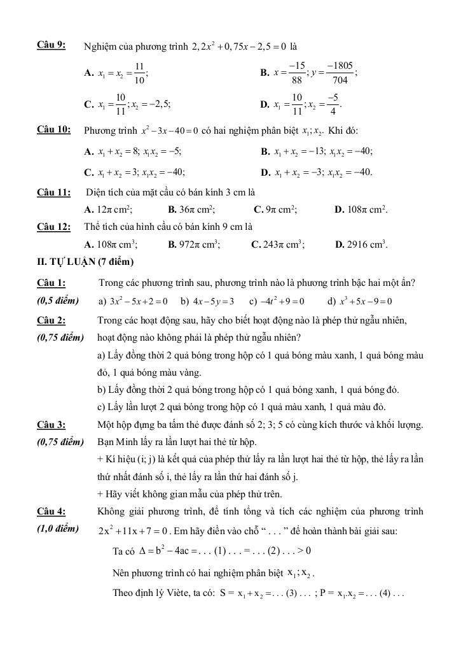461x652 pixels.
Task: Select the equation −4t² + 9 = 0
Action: tap(281, 301)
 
